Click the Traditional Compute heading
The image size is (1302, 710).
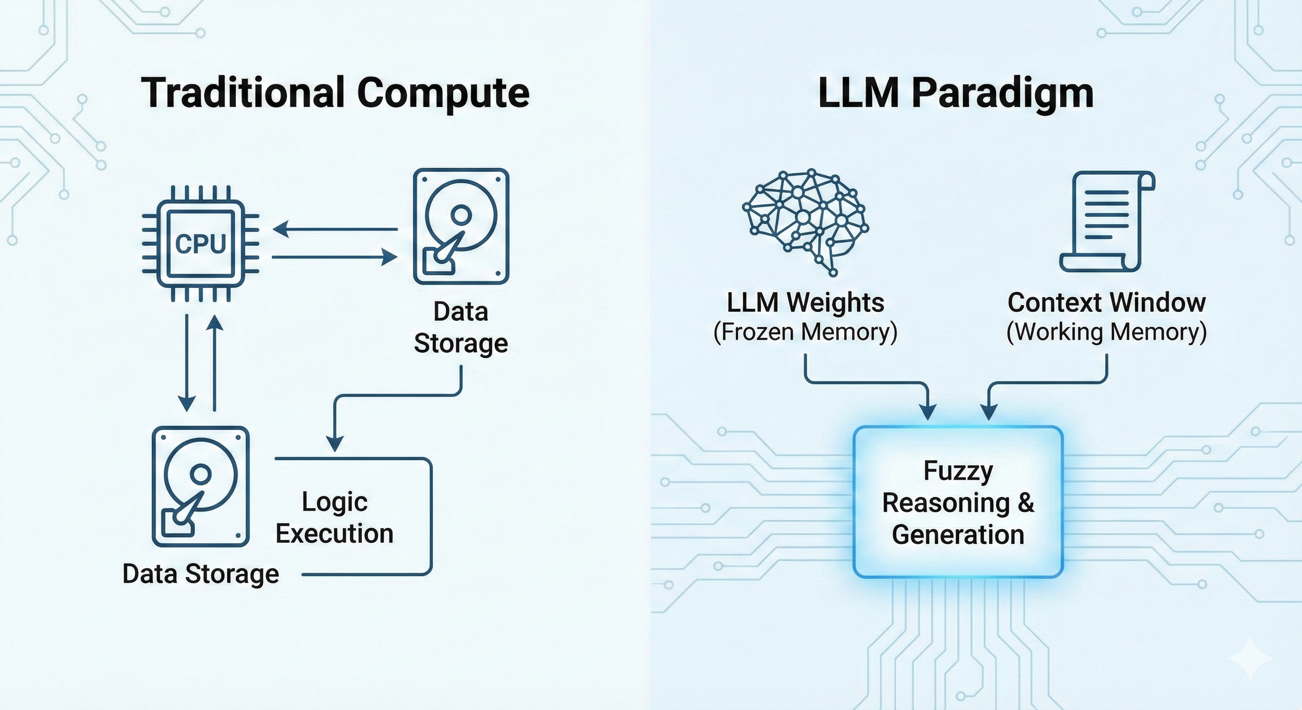pos(335,93)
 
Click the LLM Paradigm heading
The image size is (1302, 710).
pos(955,93)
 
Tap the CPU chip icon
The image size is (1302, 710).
pos(201,244)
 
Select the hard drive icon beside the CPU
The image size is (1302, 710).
pos(461,226)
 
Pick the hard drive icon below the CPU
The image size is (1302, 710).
pos(201,486)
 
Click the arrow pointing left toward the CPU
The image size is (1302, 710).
pos(335,229)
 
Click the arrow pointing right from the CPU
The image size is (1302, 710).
pos(335,257)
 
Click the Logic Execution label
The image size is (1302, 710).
pos(335,518)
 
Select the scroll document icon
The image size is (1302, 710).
pos(1107,221)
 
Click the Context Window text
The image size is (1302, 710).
pos(1106,303)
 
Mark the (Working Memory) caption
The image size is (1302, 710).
pos(1106,332)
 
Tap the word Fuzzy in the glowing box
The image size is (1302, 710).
pos(958,471)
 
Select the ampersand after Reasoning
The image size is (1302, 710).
pos(1026,503)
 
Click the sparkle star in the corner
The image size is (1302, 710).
pos(1249,657)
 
